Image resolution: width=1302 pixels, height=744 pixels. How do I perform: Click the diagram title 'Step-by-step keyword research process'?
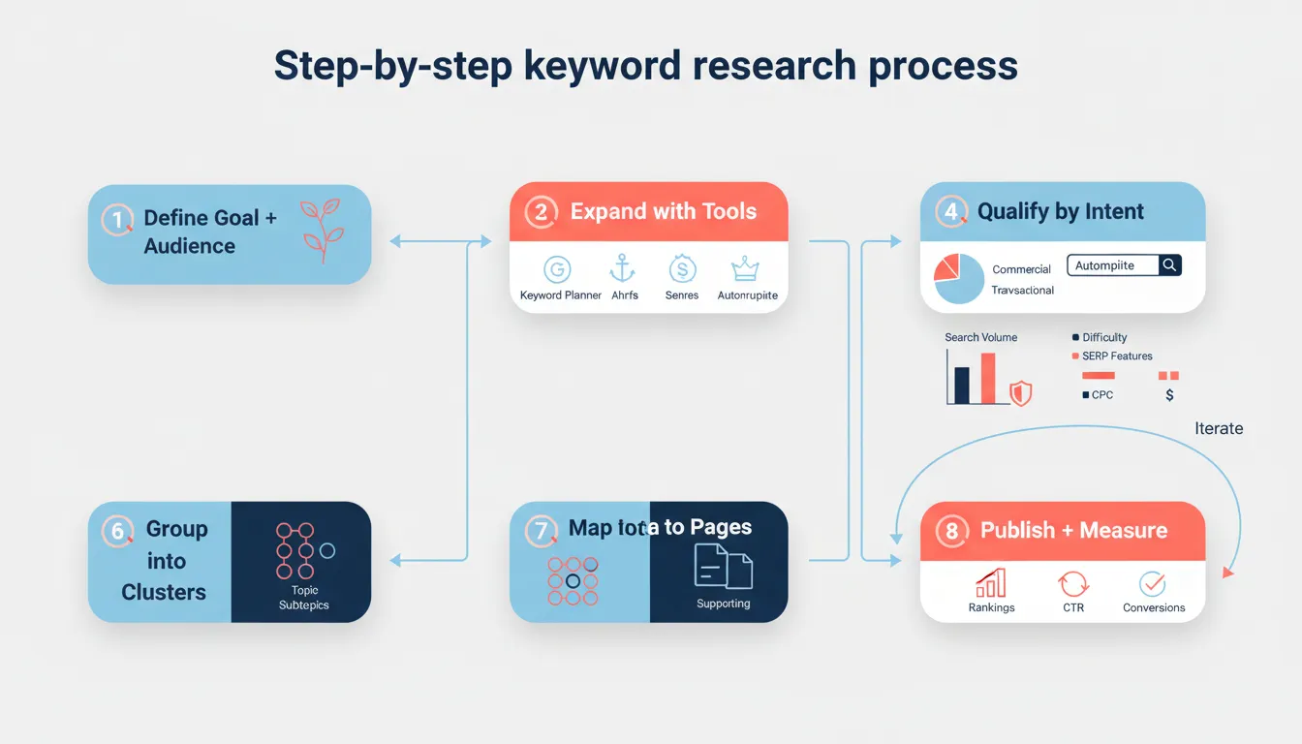click(x=645, y=66)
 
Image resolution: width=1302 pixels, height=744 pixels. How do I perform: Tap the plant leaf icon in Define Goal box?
click(x=320, y=231)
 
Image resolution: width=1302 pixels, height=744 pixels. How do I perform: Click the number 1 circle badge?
click(x=117, y=220)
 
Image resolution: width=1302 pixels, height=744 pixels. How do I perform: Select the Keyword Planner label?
click(x=561, y=295)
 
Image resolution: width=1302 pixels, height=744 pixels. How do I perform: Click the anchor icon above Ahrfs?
click(x=622, y=268)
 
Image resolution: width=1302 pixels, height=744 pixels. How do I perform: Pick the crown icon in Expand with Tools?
click(x=745, y=269)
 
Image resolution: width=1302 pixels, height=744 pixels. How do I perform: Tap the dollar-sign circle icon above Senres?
click(x=683, y=269)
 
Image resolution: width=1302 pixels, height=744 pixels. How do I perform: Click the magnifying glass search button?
click(x=1170, y=265)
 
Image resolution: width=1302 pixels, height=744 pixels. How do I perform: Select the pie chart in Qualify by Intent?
click(x=959, y=279)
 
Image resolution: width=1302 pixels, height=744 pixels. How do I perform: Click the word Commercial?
click(x=1021, y=269)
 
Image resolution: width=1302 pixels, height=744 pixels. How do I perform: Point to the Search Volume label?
click(x=980, y=337)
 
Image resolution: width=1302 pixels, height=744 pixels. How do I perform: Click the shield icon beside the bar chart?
click(x=1020, y=392)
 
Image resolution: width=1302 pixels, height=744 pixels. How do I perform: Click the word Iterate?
click(x=1219, y=428)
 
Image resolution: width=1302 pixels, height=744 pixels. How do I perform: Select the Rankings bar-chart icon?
click(x=991, y=583)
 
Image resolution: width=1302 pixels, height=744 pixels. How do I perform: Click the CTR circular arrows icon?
click(x=1073, y=583)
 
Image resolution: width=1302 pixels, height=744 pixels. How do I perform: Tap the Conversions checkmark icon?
click(x=1153, y=583)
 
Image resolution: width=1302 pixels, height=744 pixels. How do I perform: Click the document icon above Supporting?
click(x=723, y=567)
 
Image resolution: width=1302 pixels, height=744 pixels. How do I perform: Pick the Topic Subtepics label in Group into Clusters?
click(x=304, y=598)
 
